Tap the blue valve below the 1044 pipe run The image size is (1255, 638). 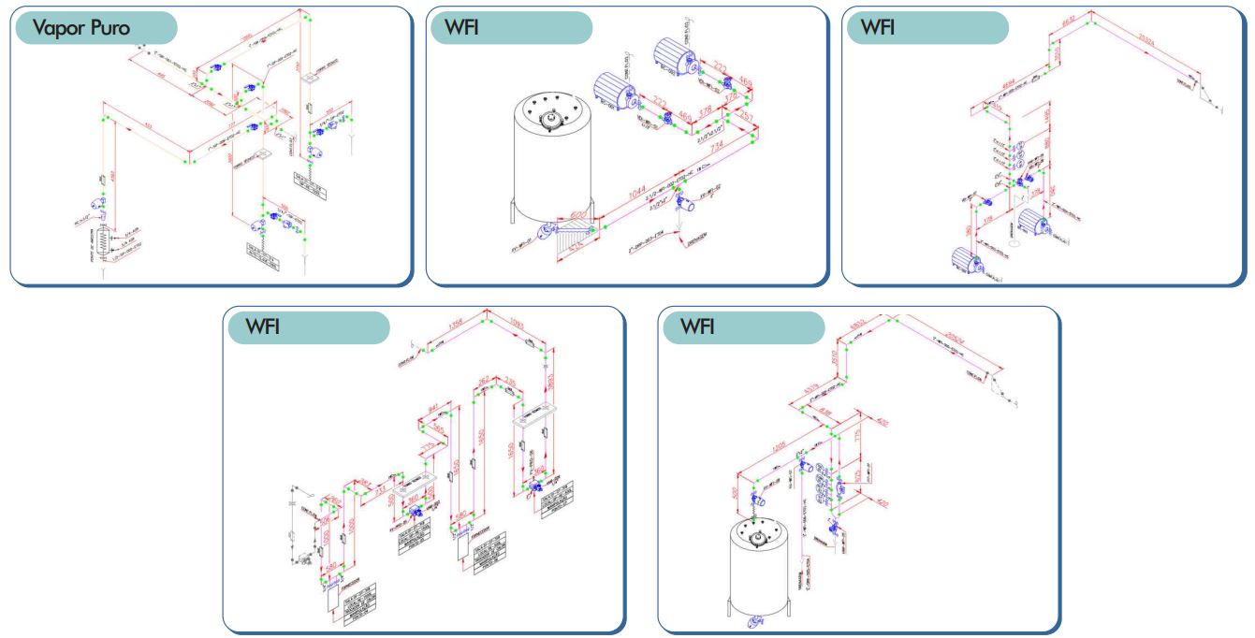(693, 196)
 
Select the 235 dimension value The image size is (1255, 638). (511, 381)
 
